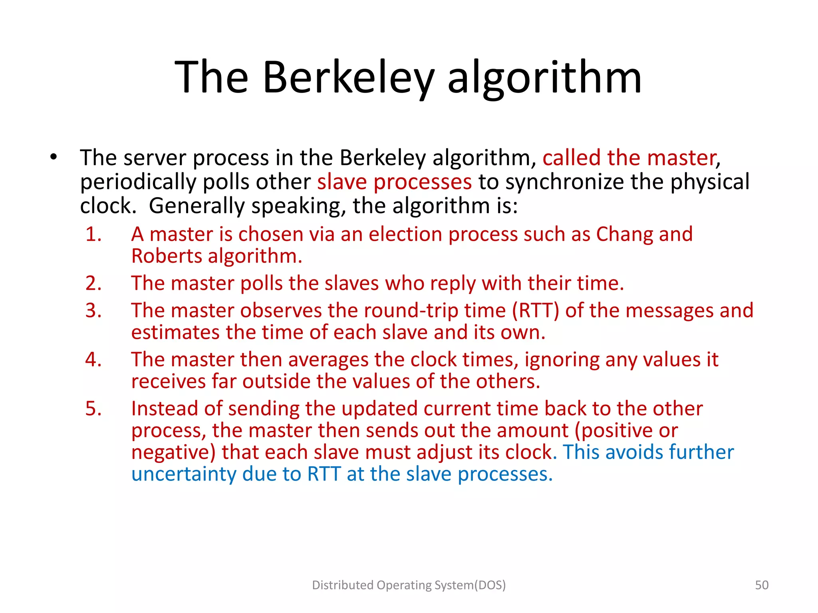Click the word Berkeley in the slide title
(x=348, y=77)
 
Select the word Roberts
(x=167, y=256)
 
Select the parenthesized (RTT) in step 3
(x=536, y=310)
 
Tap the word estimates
(x=175, y=332)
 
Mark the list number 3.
(x=93, y=310)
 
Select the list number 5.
(x=93, y=409)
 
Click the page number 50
(x=762, y=585)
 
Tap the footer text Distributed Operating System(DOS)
(x=409, y=585)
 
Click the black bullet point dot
(x=54, y=157)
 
